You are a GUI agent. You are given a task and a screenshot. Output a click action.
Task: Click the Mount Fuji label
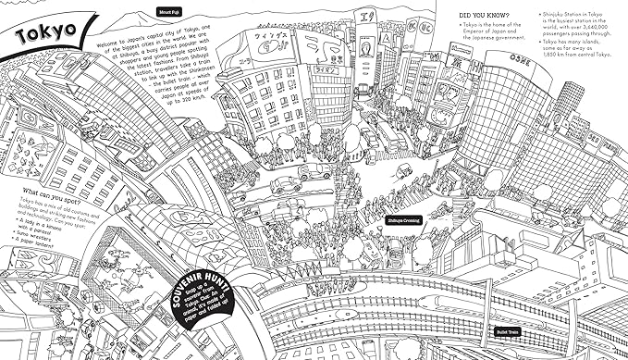166,13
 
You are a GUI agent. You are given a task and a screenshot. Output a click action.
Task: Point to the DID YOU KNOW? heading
487,15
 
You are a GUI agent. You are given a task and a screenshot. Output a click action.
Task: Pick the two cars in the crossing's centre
311,174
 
